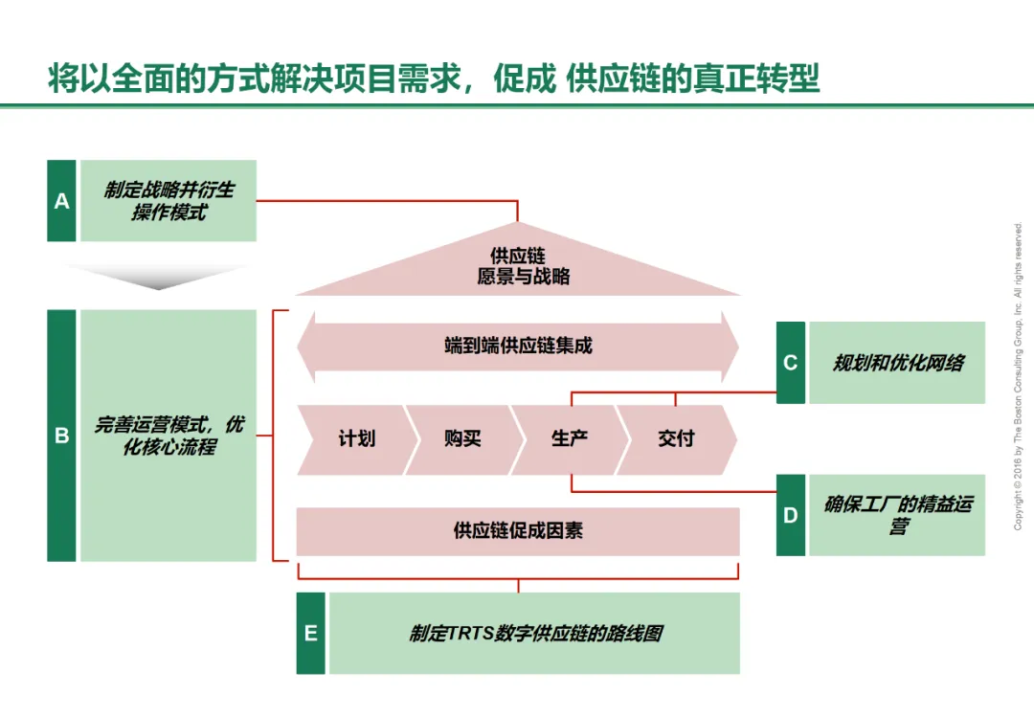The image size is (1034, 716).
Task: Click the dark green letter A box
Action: pos(61,201)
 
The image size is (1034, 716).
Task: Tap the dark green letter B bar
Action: pos(61,436)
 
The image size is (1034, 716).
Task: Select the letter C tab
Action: pos(790,363)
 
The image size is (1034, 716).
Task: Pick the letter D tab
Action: pos(790,515)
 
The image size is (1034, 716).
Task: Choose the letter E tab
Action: pos(310,633)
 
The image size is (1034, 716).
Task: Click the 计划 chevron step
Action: pos(354,439)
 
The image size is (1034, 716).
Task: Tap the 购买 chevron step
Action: pos(462,439)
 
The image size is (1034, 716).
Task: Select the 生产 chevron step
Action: pos(569,439)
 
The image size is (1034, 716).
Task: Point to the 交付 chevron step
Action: pos(676,439)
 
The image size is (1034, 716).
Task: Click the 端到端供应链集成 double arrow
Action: pos(518,346)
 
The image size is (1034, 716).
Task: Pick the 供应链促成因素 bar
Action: pos(518,531)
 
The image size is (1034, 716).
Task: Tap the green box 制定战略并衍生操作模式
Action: pos(169,201)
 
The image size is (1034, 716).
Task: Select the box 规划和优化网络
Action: pos(897,363)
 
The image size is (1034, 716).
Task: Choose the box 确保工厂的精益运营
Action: pos(897,515)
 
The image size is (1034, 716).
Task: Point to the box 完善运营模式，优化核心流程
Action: pos(169,436)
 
